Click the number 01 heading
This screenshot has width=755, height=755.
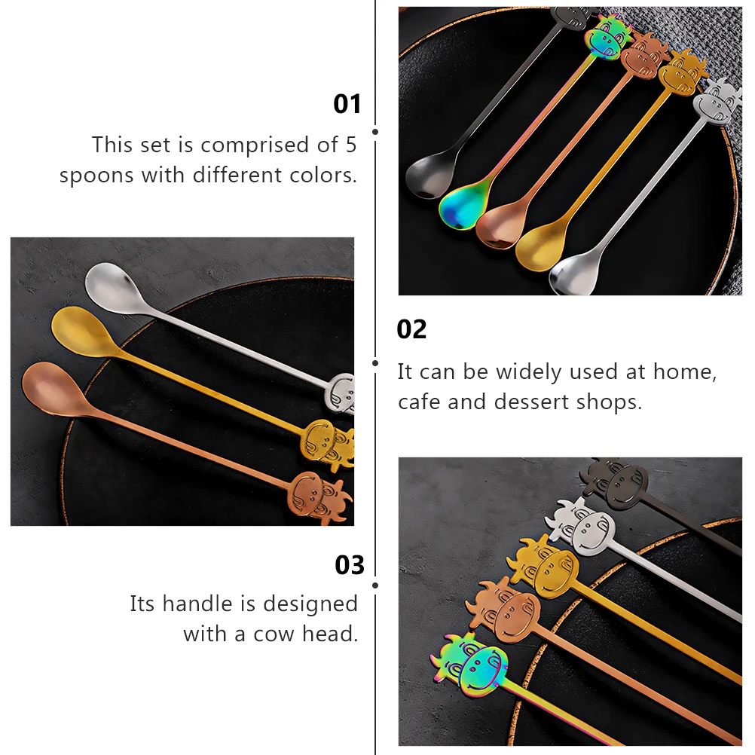tap(347, 104)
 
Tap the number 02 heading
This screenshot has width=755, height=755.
tap(411, 329)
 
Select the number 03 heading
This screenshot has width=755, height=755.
tap(350, 565)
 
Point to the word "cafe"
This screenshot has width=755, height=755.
tap(420, 402)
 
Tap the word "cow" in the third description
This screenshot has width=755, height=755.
tap(274, 634)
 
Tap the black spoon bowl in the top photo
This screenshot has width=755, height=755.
tap(427, 177)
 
